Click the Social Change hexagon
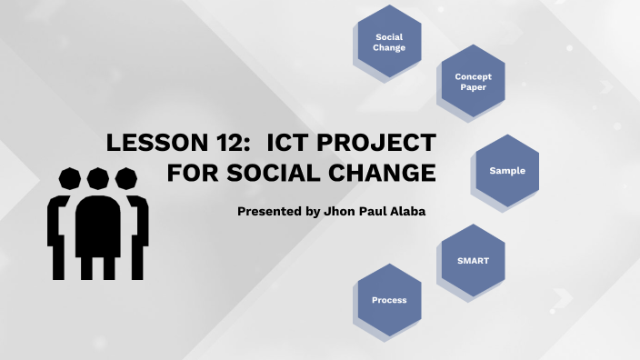pyautogui.click(x=389, y=42)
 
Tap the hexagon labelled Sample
pyautogui.click(x=507, y=171)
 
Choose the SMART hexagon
pyautogui.click(x=473, y=261)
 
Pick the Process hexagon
pyautogui.click(x=389, y=300)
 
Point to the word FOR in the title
pyautogui.click(x=187, y=172)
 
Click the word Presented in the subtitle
pyautogui.click(x=265, y=211)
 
